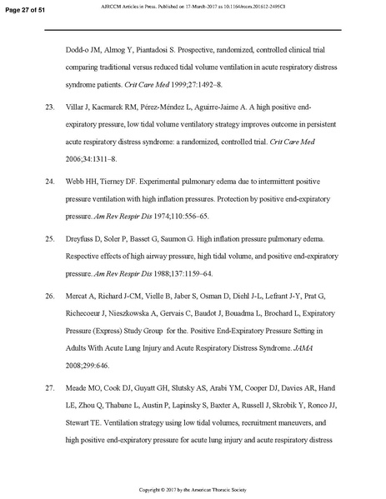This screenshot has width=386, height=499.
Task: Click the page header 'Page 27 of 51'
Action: [x=24, y=7]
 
